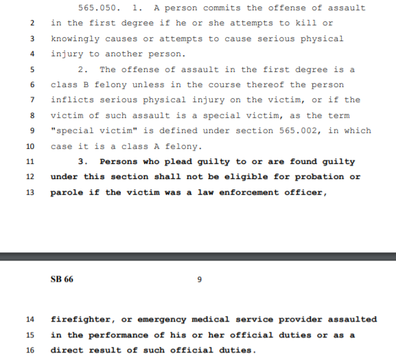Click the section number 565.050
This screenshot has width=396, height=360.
[x=100, y=8]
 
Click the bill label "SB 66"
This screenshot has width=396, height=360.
[x=62, y=280]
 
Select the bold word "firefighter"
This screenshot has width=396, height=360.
[x=81, y=320]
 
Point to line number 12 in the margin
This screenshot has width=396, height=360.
[x=30, y=177]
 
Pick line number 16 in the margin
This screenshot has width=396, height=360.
[x=30, y=350]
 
